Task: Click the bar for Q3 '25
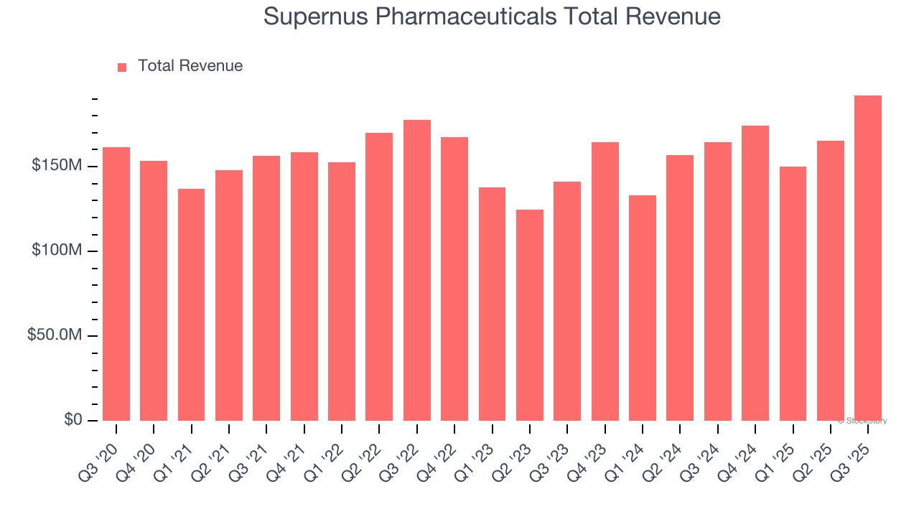(868, 258)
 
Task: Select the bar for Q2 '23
(530, 315)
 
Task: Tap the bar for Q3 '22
(417, 270)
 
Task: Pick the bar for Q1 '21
(191, 304)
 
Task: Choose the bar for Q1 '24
(643, 308)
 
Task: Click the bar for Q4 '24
(755, 273)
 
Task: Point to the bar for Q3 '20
(116, 284)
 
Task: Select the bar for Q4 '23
(605, 281)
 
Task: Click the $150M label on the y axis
(56, 166)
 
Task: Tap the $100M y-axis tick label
(56, 251)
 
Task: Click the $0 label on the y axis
(73, 419)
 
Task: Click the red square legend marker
(122, 67)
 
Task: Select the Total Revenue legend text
(190, 66)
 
